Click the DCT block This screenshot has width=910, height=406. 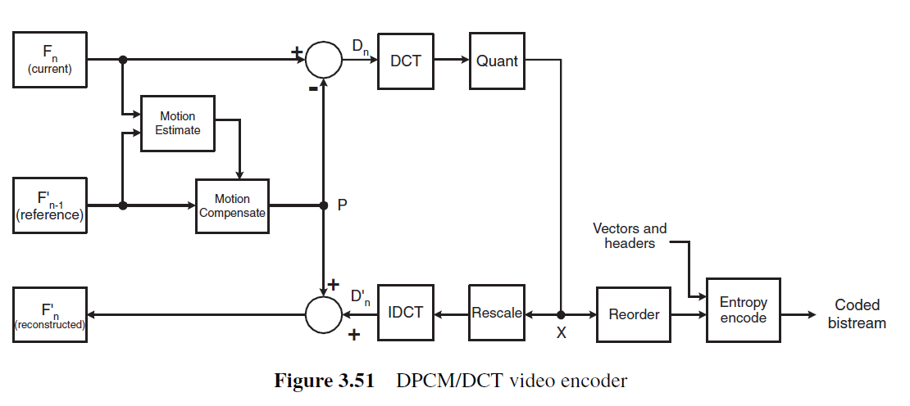(406, 61)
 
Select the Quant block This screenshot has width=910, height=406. (497, 61)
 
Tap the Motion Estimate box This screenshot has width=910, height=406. (178, 124)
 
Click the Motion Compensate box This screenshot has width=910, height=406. (232, 206)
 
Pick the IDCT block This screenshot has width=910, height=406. (406, 313)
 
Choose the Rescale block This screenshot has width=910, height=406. (497, 313)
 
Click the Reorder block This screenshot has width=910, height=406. (633, 314)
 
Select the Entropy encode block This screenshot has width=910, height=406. (744, 310)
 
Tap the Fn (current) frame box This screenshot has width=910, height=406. (50, 60)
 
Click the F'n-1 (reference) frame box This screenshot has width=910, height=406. (50, 205)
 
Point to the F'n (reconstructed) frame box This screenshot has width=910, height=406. (50, 314)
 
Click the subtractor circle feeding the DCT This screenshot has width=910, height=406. (324, 60)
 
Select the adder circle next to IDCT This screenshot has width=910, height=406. (324, 314)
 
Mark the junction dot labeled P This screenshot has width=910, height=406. (324, 205)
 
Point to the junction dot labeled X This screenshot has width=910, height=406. (561, 314)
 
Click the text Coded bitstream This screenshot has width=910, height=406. (858, 314)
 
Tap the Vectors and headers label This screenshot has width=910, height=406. (630, 236)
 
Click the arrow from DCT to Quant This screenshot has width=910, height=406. (452, 59)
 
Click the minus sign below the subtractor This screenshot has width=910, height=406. (313, 88)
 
